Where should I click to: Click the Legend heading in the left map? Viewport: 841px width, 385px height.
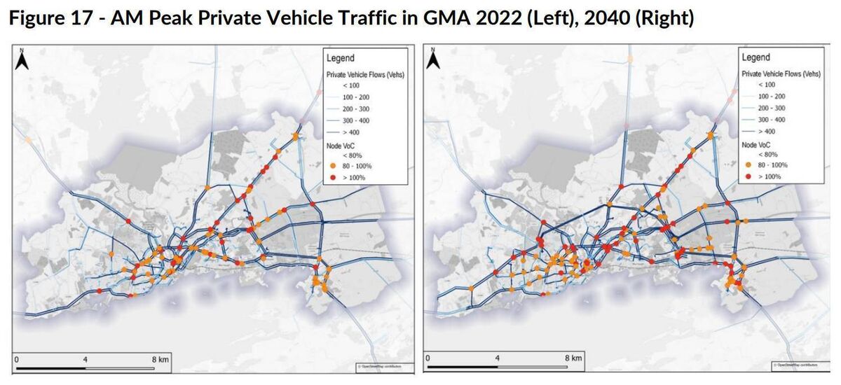click(340, 58)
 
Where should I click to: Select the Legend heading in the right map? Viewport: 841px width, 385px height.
click(755, 57)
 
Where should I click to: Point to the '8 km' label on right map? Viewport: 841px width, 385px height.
click(573, 359)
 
